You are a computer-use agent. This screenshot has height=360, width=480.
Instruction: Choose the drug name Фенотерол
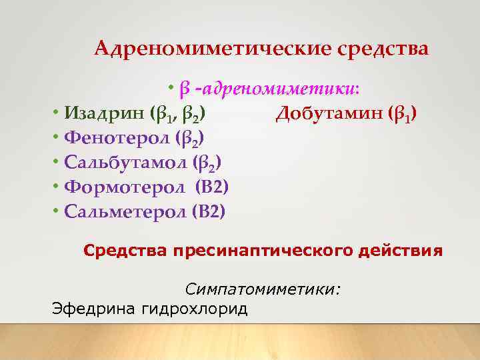pyautogui.click(x=117, y=138)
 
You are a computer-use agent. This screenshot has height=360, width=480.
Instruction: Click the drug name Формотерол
pyautogui.click(x=125, y=187)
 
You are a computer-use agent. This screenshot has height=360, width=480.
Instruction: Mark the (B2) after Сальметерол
pyautogui.click(x=209, y=212)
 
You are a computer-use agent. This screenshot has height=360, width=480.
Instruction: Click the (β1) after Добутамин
pyautogui.click(x=402, y=114)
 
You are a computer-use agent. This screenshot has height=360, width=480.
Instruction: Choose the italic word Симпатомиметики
pyautogui.click(x=263, y=289)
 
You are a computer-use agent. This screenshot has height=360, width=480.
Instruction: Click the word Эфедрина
pyautogui.click(x=93, y=309)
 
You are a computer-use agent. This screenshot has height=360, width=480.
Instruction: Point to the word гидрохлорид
pyautogui.click(x=194, y=309)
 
